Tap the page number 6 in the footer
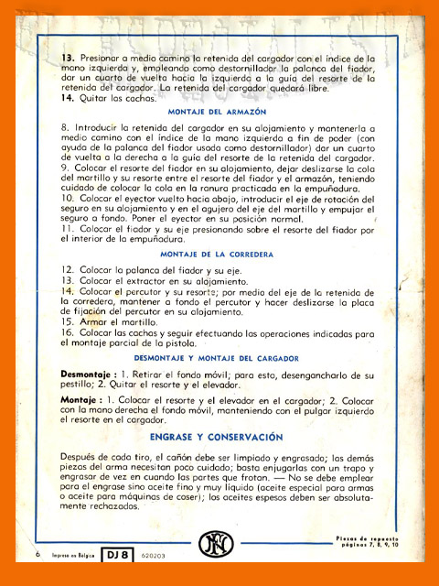[x=38, y=555]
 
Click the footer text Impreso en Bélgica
[x=73, y=555]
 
